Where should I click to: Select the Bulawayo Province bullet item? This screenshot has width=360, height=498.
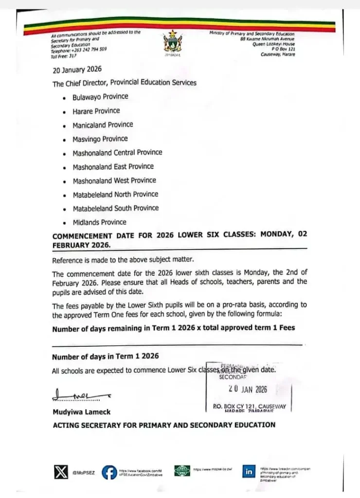coord(100,97)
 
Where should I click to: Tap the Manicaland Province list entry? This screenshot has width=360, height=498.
coord(103,124)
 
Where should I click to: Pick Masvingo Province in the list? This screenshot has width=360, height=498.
coord(100,139)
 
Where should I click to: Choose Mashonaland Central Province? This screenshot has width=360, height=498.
coord(117,152)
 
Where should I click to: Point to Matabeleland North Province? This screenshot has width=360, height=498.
coord(115,194)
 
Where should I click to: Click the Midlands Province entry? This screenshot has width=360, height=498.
coord(99,222)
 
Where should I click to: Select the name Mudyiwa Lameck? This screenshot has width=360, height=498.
coord(82,412)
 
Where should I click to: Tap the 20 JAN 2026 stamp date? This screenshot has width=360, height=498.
coord(248,389)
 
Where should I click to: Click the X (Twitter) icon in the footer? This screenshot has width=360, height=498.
coord(61,471)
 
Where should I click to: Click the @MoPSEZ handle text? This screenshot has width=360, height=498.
coord(83,472)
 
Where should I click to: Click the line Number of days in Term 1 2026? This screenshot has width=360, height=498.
coord(105,356)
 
